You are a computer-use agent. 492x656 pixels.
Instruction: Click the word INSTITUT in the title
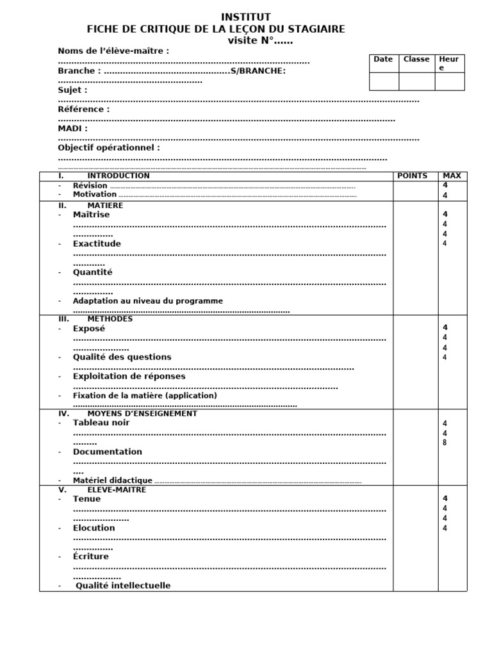tap(246, 17)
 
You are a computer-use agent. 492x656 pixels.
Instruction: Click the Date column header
tap(383, 60)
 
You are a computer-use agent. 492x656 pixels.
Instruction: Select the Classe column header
tap(416, 60)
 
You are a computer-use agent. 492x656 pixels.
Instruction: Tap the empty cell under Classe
tap(416, 81)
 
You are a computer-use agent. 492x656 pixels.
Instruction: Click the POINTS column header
tap(412, 176)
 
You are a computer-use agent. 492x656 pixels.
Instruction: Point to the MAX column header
tap(451, 176)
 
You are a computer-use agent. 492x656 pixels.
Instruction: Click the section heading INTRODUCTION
tap(119, 176)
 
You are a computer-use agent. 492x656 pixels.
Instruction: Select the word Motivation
tap(95, 194)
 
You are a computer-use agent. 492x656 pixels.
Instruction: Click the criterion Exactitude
tap(97, 244)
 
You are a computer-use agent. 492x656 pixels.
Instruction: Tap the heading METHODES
tap(110, 319)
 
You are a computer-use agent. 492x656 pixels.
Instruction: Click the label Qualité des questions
tap(122, 357)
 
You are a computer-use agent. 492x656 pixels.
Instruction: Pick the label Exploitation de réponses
tap(129, 377)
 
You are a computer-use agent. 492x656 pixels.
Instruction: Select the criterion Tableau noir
tap(101, 423)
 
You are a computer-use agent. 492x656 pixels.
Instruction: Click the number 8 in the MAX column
tap(445, 443)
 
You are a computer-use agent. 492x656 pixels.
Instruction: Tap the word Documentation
tap(108, 452)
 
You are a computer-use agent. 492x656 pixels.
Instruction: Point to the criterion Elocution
tap(94, 529)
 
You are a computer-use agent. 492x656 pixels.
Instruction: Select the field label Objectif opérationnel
tap(109, 148)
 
